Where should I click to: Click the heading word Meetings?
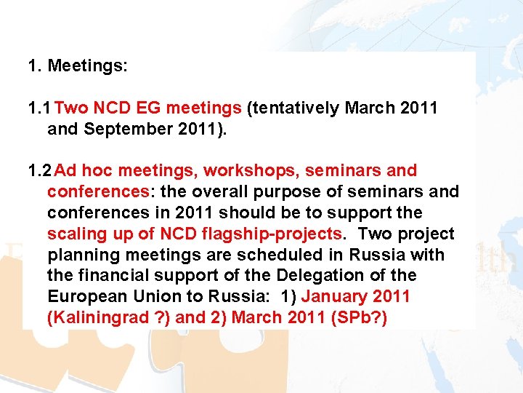click(87, 66)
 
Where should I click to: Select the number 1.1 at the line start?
click(38, 108)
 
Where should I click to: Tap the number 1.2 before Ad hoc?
click(38, 171)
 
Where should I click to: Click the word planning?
click(80, 255)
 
